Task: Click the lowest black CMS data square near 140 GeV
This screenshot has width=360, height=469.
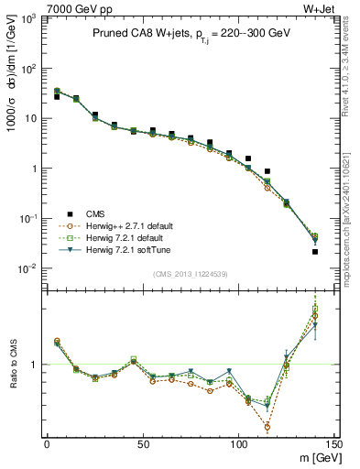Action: click(315, 251)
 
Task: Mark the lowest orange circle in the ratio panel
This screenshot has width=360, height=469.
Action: click(267, 427)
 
